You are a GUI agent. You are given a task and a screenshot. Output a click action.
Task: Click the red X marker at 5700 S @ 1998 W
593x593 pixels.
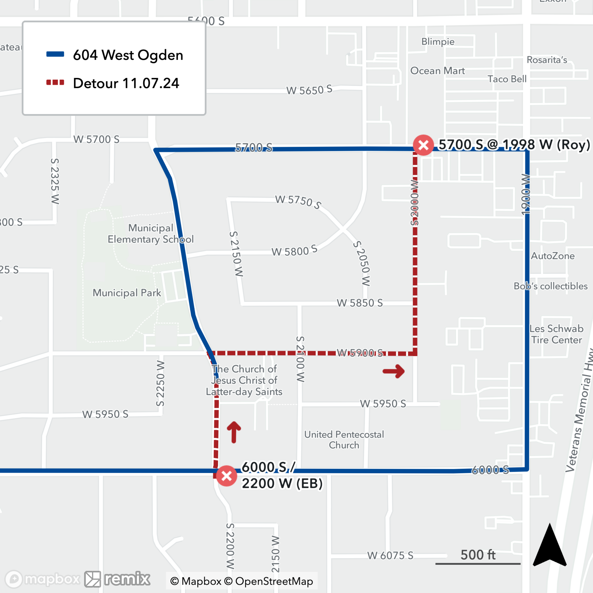[x=423, y=145]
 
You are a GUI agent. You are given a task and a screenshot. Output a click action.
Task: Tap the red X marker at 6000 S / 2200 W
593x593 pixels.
[x=227, y=476]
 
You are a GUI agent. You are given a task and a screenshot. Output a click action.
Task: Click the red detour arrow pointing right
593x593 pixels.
[x=394, y=372]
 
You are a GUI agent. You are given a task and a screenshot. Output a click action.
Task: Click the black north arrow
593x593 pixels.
[x=549, y=546]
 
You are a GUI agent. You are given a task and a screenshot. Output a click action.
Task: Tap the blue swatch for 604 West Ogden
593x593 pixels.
[x=55, y=55]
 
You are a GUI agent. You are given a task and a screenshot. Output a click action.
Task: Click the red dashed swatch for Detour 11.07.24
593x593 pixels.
[x=55, y=82]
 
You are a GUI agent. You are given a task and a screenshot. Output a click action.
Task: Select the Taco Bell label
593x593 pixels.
[x=507, y=79]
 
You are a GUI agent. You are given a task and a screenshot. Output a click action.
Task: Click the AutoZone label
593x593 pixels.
[x=553, y=256]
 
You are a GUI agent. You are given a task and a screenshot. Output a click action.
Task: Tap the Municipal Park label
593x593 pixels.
[x=127, y=293]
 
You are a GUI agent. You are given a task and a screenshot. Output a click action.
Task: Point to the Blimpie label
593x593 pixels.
[x=438, y=42]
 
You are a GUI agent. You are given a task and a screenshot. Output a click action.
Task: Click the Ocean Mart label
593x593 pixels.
[x=437, y=71]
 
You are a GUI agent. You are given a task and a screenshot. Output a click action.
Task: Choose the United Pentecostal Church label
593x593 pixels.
[x=344, y=439]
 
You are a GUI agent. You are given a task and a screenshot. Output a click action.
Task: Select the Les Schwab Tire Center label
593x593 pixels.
[x=556, y=334]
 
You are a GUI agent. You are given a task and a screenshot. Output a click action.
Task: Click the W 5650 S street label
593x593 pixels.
[x=309, y=90]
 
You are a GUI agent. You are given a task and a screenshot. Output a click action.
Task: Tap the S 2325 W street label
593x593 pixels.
[x=55, y=181]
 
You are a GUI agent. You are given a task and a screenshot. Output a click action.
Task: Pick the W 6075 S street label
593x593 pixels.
[x=390, y=556]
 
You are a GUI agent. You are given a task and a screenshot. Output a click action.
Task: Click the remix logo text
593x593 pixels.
[x=127, y=579]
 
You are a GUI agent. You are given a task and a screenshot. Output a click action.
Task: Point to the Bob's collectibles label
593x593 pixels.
[x=551, y=286]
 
